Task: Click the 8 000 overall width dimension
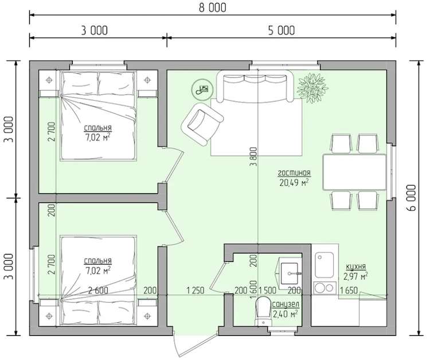213,7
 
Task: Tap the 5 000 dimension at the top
282,30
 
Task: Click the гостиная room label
294,173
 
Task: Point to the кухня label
355,267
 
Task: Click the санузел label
285,304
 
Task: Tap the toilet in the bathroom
263,311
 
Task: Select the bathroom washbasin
290,273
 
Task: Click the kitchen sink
324,265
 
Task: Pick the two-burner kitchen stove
325,288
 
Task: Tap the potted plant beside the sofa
312,88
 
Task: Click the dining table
354,172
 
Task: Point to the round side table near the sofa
201,89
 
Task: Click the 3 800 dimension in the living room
253,157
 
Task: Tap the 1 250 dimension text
196,291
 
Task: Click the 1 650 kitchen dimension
349,291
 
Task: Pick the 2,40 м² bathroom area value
285,314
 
